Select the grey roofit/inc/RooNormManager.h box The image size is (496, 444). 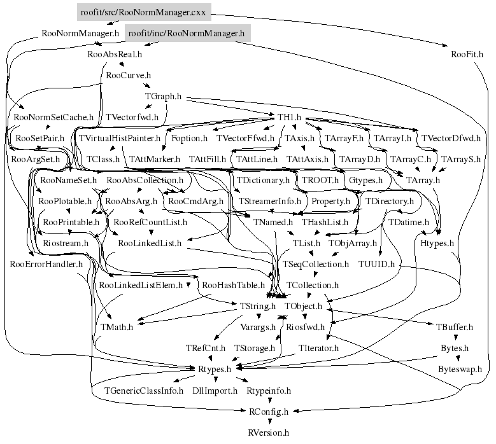[186, 32]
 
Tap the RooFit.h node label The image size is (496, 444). [467, 54]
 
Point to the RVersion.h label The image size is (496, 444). [268, 433]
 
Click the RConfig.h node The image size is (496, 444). [269, 411]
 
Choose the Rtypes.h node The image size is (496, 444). [219, 368]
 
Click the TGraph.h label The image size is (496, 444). [164, 96]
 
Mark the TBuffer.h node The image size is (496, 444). [455, 327]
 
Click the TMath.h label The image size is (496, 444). [117, 327]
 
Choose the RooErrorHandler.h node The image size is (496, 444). [47, 263]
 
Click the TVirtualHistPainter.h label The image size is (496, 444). [120, 138]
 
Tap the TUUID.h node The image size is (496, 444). [376, 263]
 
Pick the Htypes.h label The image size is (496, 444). [437, 243]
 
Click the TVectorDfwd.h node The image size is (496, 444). [451, 138]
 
